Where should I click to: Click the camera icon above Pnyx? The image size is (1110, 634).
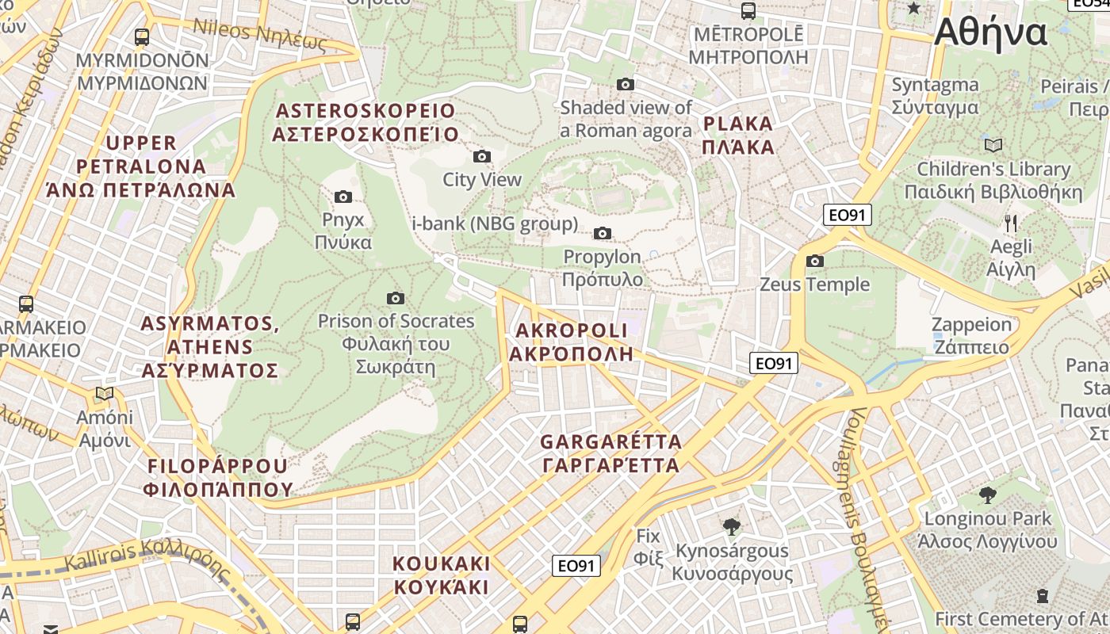click(x=343, y=197)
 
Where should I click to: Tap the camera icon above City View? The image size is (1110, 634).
click(x=481, y=156)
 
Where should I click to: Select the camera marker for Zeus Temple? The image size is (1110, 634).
click(x=814, y=261)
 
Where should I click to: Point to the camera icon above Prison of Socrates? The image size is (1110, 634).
click(x=396, y=298)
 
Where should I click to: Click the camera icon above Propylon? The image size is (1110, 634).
click(x=603, y=233)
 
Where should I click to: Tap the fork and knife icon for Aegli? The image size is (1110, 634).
click(x=1011, y=223)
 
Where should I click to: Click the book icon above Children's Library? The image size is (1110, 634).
click(x=993, y=145)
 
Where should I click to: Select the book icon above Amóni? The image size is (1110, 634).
click(x=105, y=393)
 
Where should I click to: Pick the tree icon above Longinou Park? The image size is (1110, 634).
click(x=988, y=495)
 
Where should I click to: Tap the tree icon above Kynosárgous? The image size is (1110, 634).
click(x=731, y=525)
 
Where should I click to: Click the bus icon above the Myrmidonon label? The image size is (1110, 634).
click(x=142, y=36)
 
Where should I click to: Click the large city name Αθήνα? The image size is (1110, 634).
click(x=991, y=33)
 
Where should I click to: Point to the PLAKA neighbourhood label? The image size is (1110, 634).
click(x=738, y=135)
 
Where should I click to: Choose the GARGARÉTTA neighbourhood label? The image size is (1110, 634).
click(x=611, y=453)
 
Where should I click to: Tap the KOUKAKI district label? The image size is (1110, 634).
click(x=442, y=575)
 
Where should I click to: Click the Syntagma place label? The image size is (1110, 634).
click(x=935, y=96)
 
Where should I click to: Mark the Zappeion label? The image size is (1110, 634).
click(x=971, y=335)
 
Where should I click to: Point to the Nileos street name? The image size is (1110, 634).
click(x=260, y=35)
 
